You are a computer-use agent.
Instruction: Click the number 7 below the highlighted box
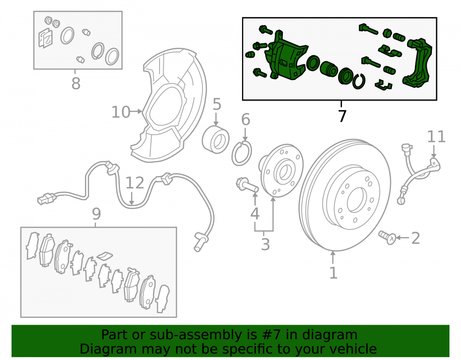tap(342, 116)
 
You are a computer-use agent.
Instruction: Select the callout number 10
tap(121, 112)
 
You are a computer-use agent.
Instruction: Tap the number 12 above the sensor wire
tap(135, 183)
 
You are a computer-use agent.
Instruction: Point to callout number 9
tap(96, 213)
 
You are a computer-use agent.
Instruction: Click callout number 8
tap(76, 83)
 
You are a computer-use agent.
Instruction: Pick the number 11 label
tap(436, 136)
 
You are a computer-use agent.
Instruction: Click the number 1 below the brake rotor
tap(333, 273)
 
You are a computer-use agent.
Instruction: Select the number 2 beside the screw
tap(415, 238)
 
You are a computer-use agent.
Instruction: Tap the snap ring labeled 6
tap(242, 153)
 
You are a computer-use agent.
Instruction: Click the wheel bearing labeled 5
tap(215, 140)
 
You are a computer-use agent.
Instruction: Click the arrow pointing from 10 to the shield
tap(136, 112)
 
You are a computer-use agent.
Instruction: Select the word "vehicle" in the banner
tap(353, 349)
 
